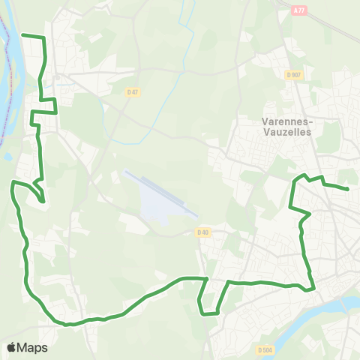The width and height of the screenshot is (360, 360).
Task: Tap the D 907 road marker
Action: (x=293, y=74)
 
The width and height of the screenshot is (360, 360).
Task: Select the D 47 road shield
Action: (x=133, y=91)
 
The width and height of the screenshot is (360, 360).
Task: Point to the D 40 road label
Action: (x=203, y=232)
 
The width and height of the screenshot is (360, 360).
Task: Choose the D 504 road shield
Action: (x=264, y=349)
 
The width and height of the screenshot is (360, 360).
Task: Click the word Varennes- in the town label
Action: (x=289, y=120)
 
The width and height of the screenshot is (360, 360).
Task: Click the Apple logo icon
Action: (x=12, y=347)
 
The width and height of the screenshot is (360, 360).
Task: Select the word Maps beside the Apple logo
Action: (x=33, y=347)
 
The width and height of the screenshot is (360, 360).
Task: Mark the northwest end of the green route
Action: (x=22, y=34)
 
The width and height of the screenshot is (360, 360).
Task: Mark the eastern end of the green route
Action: (x=349, y=190)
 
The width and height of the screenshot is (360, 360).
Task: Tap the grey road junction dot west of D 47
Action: (x=56, y=75)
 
